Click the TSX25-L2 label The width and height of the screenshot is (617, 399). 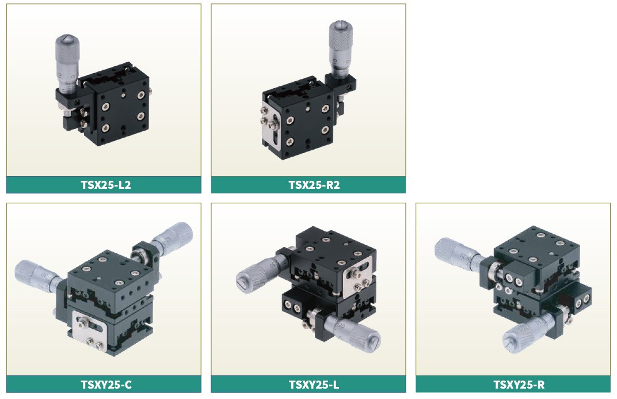click(105, 185)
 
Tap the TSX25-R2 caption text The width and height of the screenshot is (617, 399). click(314, 185)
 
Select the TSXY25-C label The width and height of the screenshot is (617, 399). click(106, 385)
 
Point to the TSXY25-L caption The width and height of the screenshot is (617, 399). click(314, 385)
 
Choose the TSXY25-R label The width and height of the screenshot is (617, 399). click(519, 385)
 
